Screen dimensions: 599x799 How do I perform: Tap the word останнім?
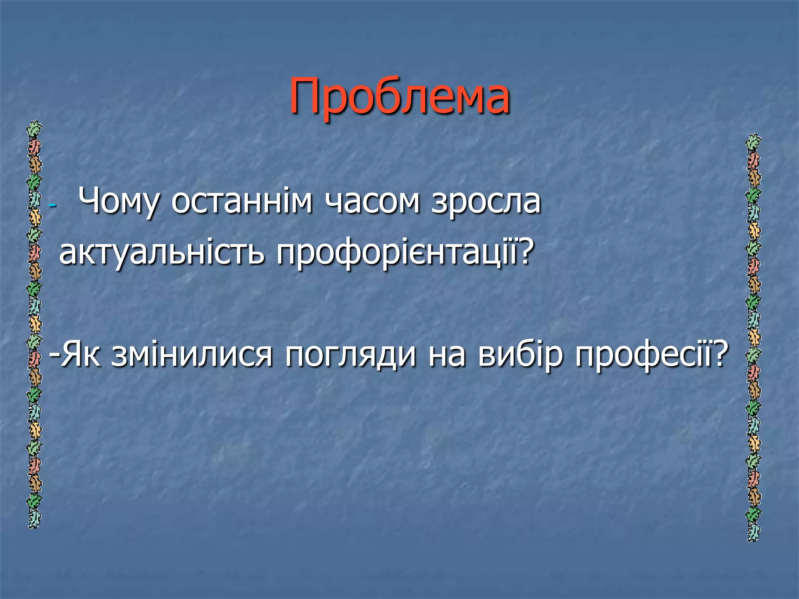(x=242, y=202)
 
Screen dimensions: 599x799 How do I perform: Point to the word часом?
(x=372, y=202)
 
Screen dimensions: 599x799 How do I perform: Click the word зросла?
(x=486, y=202)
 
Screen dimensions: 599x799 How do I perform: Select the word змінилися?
(x=192, y=355)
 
